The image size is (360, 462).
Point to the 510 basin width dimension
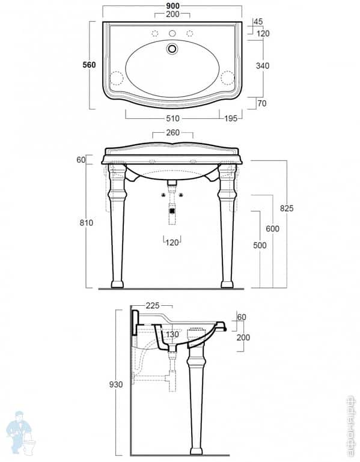[x=172, y=117]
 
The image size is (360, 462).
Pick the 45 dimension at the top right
[x=258, y=22]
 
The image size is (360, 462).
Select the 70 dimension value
[x=261, y=103]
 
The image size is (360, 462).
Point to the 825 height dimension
[x=287, y=208]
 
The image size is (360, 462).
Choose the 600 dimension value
[x=272, y=229]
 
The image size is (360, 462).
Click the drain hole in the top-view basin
[x=172, y=48]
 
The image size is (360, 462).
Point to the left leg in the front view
[x=117, y=228]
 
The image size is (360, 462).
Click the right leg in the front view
[x=227, y=228]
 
